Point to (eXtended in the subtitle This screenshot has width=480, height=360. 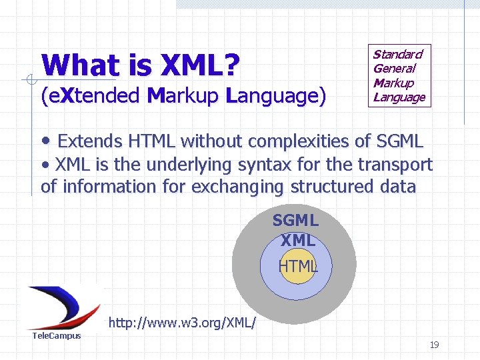[91, 97]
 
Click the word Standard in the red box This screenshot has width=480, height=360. [397, 54]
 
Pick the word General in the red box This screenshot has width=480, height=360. [394, 68]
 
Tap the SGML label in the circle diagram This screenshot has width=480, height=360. [295, 220]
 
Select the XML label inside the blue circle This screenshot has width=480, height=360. [297, 240]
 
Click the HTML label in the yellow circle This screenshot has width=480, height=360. [297, 266]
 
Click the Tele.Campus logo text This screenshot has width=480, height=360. [57, 335]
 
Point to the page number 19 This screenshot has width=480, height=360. [434, 345]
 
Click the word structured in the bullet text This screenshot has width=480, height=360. [330, 186]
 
